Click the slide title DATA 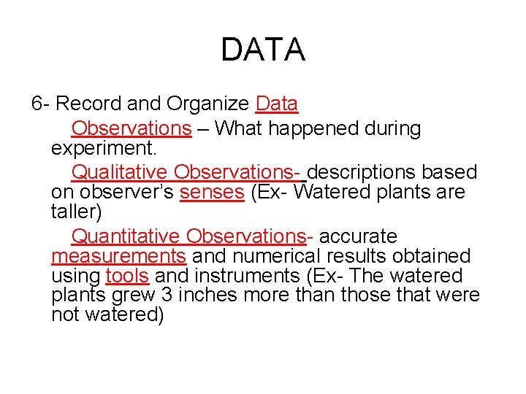[x=262, y=50]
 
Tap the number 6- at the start [x=41, y=104]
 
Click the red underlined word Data [x=277, y=104]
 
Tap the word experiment [x=102, y=149]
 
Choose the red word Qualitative [x=119, y=173]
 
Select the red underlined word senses [x=211, y=193]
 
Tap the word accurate [x=359, y=236]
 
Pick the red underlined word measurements [x=118, y=256]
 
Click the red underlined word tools [x=127, y=276]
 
